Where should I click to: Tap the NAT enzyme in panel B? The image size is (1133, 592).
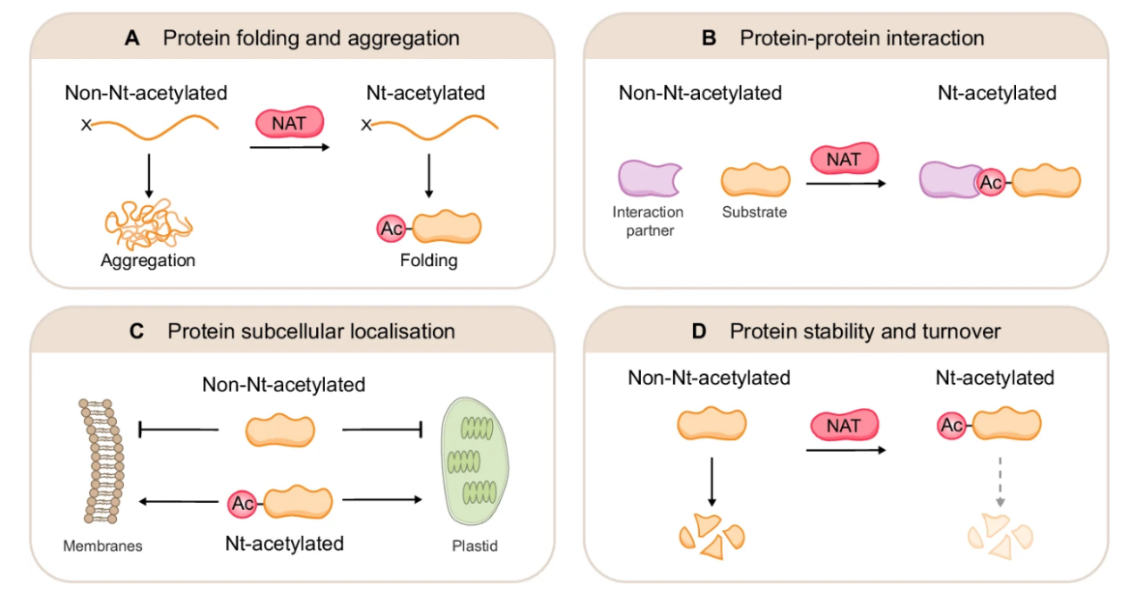click(844, 159)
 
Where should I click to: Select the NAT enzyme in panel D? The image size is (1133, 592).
click(844, 426)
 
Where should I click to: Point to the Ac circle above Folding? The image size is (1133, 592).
click(390, 229)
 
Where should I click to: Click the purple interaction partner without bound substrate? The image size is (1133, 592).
click(649, 179)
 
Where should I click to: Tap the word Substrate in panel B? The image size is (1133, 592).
click(754, 213)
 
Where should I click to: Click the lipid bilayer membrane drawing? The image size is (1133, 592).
click(99, 463)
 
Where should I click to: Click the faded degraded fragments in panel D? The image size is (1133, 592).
click(1001, 536)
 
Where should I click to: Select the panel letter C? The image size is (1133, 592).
click(137, 331)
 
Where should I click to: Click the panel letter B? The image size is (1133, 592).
click(709, 38)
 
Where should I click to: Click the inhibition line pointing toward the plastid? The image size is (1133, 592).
click(382, 432)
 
